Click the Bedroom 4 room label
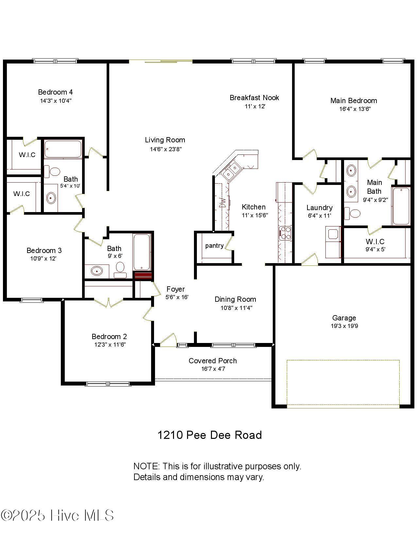(x=55, y=92)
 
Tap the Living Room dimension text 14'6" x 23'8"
(x=166, y=149)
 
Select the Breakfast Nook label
(x=254, y=98)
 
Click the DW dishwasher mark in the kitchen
(x=222, y=203)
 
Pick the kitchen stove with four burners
(x=285, y=233)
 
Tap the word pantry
(x=214, y=246)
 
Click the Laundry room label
(x=320, y=207)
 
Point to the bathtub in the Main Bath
(x=401, y=206)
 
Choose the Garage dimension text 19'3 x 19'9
(x=344, y=326)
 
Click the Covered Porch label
(x=213, y=361)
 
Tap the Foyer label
(x=176, y=289)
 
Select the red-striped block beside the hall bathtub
(x=143, y=276)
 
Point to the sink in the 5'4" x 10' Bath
(x=51, y=198)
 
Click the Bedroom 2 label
(x=109, y=336)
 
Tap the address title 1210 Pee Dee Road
(x=210, y=435)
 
